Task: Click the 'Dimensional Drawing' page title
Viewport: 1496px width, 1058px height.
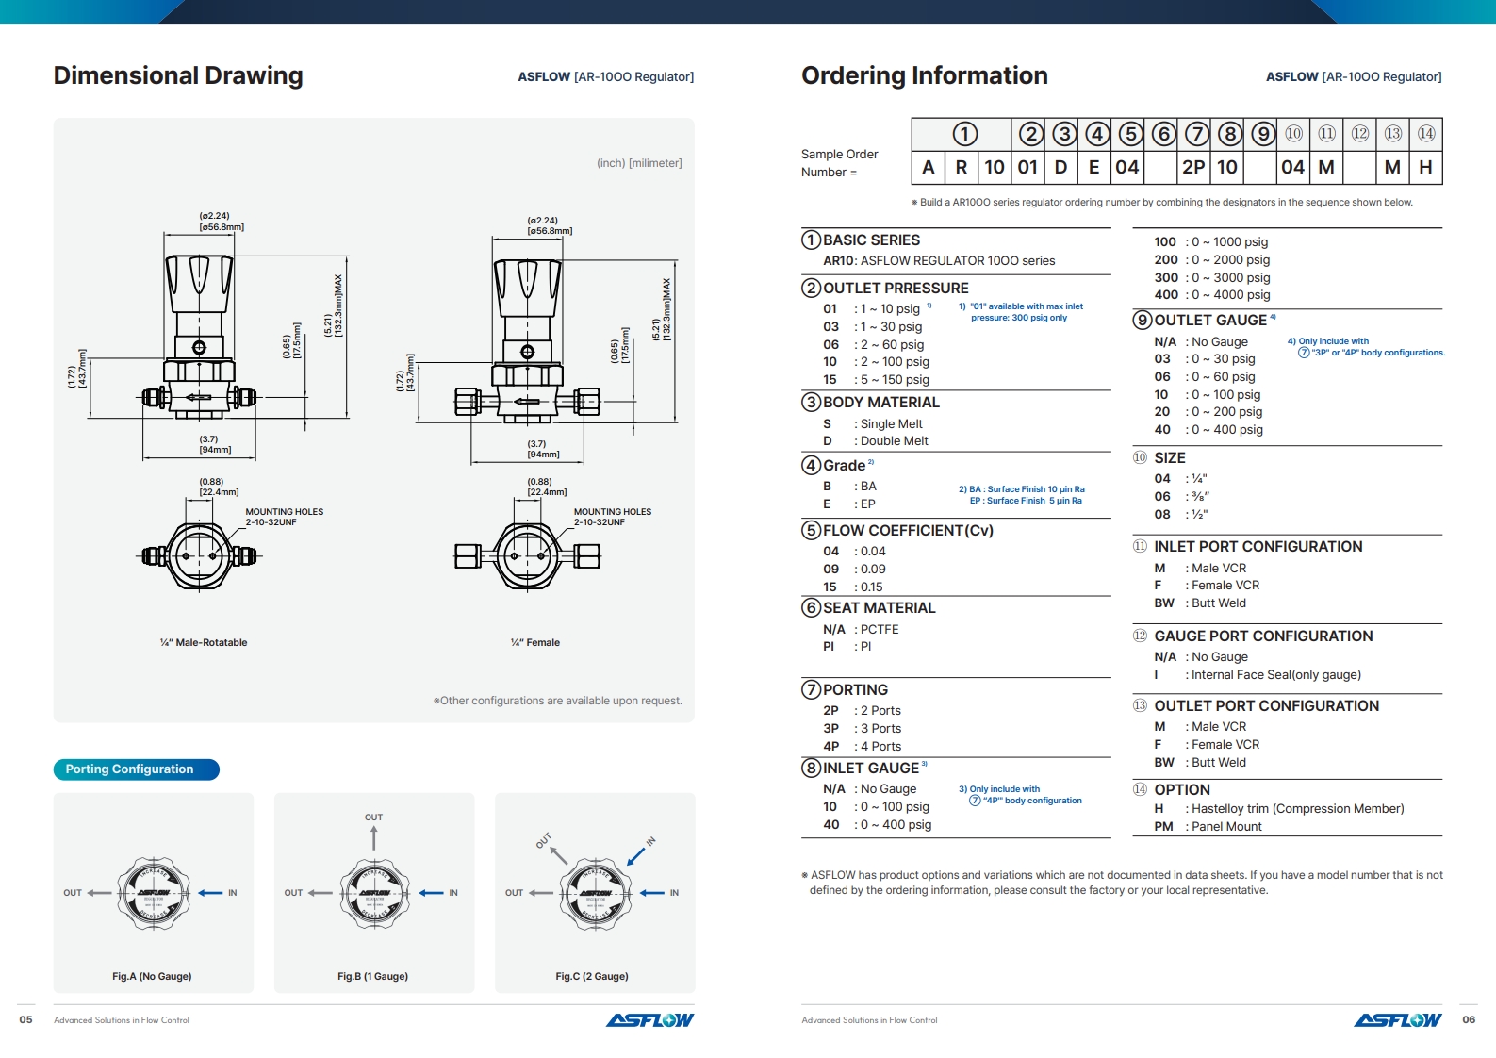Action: pyautogui.click(x=178, y=75)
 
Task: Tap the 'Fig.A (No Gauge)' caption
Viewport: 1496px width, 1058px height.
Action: pyautogui.click(x=152, y=976)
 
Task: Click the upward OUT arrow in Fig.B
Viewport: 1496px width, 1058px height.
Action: pyautogui.click(x=374, y=837)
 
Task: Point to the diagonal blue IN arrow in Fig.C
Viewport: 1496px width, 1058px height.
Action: pyautogui.click(x=636, y=855)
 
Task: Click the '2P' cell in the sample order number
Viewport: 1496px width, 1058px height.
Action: pyautogui.click(x=1193, y=167)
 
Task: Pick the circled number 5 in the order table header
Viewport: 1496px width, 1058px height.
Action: pyautogui.click(x=1130, y=134)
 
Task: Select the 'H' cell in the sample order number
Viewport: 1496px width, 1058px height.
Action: pyautogui.click(x=1425, y=167)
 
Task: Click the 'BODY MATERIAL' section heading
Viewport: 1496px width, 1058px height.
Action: pyautogui.click(x=880, y=403)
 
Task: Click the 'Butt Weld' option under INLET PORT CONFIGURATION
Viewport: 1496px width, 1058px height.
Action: pyautogui.click(x=1218, y=603)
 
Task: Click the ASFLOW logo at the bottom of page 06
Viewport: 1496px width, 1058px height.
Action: pyautogui.click(x=1397, y=1020)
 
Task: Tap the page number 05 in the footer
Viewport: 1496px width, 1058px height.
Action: pyautogui.click(x=26, y=1019)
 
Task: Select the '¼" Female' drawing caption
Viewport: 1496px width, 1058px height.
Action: pyautogui.click(x=535, y=643)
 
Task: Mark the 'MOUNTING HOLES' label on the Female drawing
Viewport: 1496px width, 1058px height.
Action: pyautogui.click(x=612, y=512)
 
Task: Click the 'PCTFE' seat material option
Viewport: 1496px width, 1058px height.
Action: pyautogui.click(x=880, y=630)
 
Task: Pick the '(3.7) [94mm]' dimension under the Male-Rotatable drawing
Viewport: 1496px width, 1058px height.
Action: pyautogui.click(x=215, y=444)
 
